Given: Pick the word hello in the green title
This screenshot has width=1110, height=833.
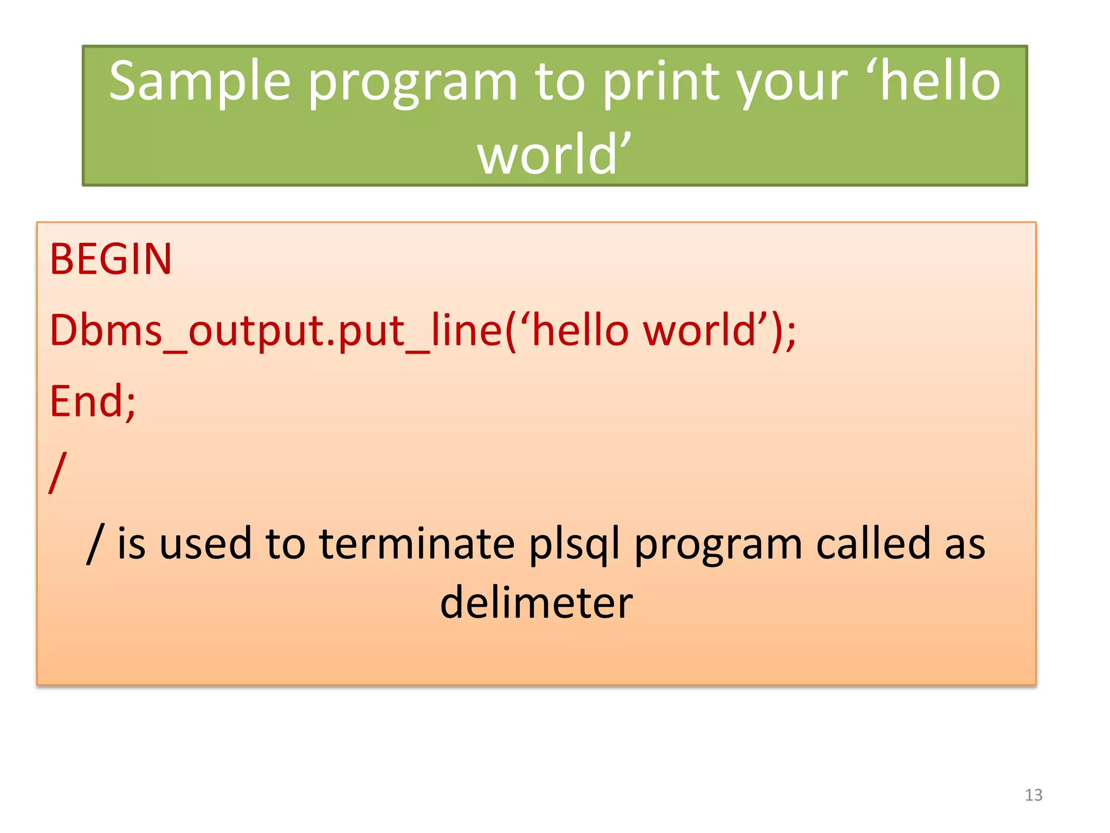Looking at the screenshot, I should coord(940,81).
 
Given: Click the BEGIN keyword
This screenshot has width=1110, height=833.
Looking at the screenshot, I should coord(111,259).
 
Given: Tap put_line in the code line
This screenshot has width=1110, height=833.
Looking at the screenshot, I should coord(421,330).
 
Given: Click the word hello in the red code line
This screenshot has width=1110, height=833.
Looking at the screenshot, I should coord(580,330).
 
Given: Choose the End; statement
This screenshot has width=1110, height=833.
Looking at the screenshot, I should coord(93,402).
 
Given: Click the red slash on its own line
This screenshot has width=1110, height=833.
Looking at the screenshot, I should coord(57,472).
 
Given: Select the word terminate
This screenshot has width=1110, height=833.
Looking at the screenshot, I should coord(416,544).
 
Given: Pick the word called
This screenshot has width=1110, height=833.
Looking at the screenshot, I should coord(873,544).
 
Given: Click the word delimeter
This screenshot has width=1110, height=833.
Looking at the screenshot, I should coord(536,603).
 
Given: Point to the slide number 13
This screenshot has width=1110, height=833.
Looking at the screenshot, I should coord(1034,795).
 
